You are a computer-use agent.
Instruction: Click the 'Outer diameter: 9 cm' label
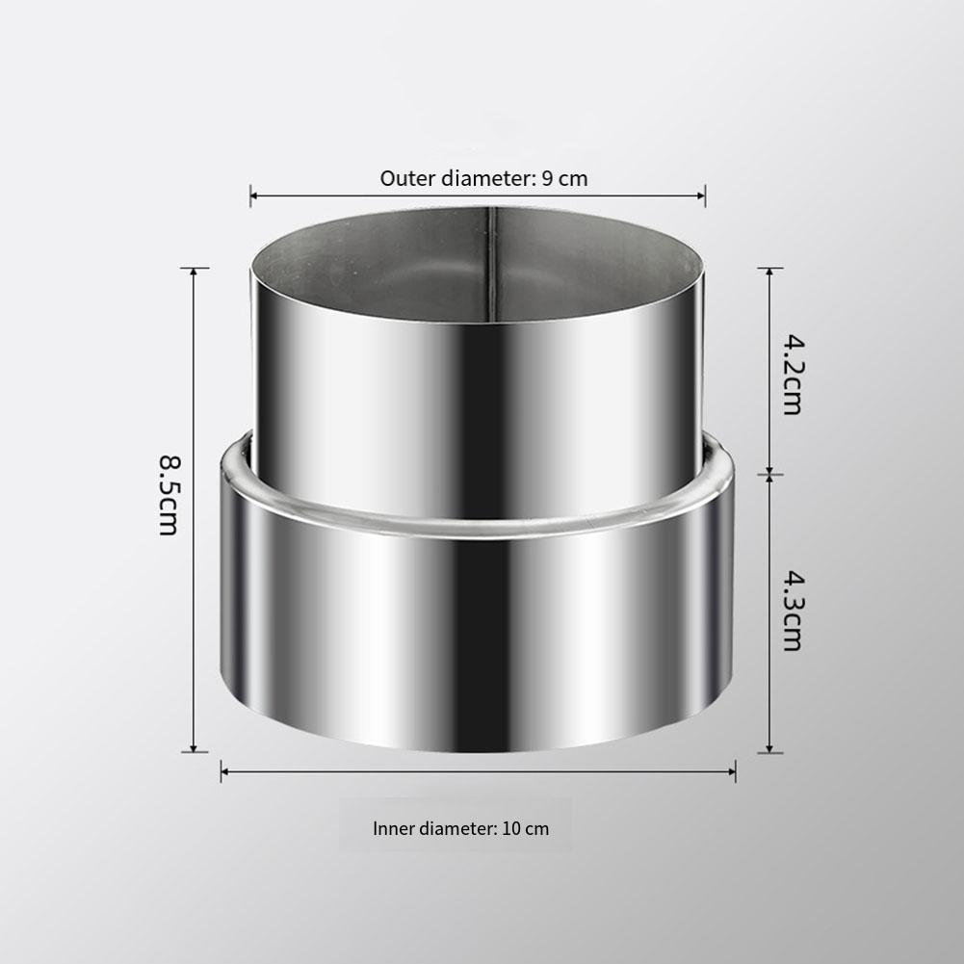pyautogui.click(x=483, y=178)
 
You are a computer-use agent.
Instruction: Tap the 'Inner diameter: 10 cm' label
pyautogui.click(x=460, y=828)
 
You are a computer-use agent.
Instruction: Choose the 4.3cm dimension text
pyautogui.click(x=792, y=611)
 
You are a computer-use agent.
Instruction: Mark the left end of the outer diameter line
pyautogui.click(x=250, y=195)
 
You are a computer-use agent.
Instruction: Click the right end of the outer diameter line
pyautogui.click(x=705, y=195)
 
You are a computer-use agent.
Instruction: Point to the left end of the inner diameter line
pyautogui.click(x=221, y=769)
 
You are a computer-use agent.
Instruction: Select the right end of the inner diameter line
pyautogui.click(x=736, y=769)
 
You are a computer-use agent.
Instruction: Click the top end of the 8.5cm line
pyautogui.click(x=195, y=268)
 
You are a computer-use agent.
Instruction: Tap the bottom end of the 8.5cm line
pyautogui.click(x=195, y=751)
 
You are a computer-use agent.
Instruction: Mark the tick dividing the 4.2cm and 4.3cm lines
pyautogui.click(x=769, y=474)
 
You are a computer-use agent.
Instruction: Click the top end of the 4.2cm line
pyautogui.click(x=769, y=268)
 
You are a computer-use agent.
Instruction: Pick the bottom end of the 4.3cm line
pyautogui.click(x=769, y=752)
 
